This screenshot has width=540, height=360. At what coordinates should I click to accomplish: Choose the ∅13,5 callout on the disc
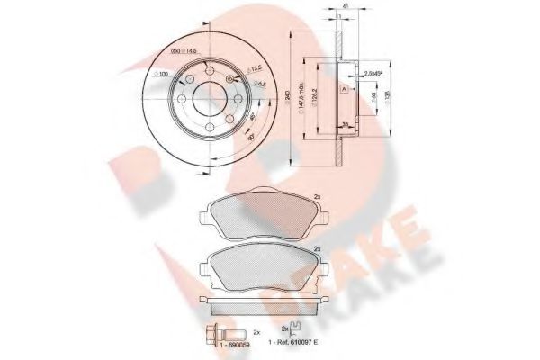coord(232,67)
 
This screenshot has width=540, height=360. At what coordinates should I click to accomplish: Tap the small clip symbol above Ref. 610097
coord(296,329)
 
